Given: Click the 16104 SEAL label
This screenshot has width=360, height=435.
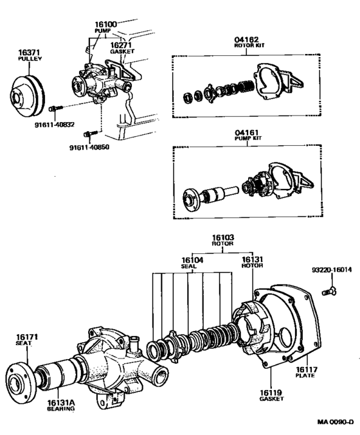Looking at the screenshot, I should click(x=192, y=263).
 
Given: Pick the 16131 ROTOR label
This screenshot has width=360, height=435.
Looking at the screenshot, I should click(x=250, y=263).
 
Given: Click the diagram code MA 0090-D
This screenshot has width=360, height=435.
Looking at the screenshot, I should click(x=334, y=423).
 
